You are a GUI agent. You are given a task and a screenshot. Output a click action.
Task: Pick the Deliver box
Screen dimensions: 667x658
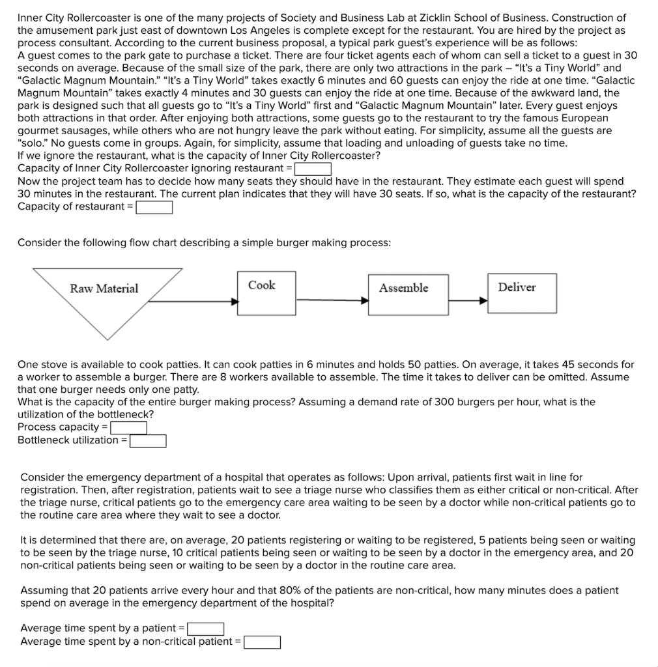(522, 292)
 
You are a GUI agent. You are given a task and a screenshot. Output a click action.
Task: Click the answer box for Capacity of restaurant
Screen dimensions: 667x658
(154, 207)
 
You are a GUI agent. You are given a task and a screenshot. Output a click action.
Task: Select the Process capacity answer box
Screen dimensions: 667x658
(128, 427)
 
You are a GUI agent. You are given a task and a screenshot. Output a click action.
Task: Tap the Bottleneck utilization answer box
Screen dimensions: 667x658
(148, 441)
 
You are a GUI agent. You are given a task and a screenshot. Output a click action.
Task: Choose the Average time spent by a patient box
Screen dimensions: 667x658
(206, 629)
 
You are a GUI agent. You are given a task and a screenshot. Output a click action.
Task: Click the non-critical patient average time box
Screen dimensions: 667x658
(263, 642)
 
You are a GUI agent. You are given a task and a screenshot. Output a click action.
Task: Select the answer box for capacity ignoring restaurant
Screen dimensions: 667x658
(313, 169)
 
